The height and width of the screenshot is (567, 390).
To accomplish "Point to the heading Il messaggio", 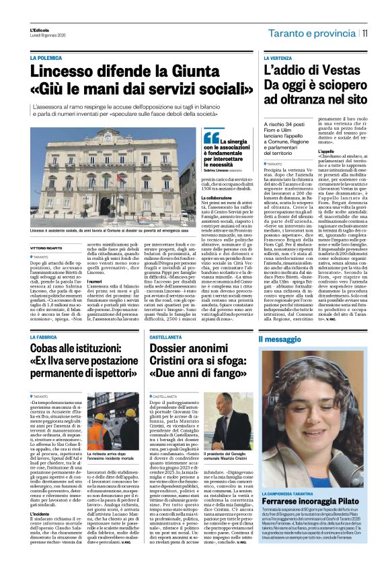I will (282, 339).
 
